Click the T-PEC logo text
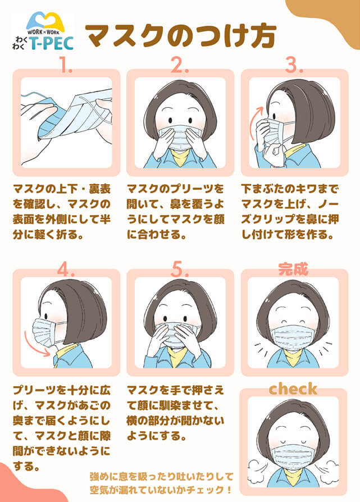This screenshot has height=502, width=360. pos(52,43)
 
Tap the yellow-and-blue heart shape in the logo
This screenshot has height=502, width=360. pos(45,21)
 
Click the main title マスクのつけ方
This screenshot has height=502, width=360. pos(181,35)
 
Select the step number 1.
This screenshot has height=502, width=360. pos(66,65)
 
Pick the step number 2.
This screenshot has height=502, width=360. pos(180,65)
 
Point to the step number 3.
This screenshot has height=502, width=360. pos(294,65)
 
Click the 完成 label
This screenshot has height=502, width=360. pos(293,269)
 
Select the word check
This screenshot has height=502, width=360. pos(293,389)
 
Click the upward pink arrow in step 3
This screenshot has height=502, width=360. pos(256,124)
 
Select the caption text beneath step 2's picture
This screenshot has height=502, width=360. pos(175,212)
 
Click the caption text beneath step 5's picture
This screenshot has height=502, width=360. pos(175,413)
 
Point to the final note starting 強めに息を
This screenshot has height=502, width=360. pos(161,483)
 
